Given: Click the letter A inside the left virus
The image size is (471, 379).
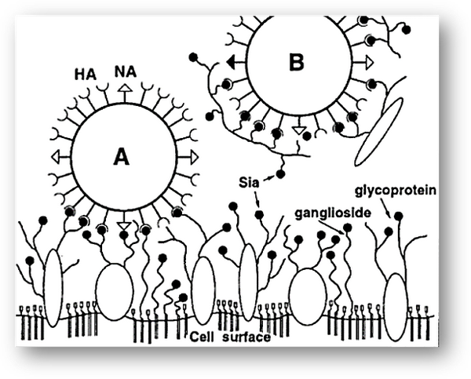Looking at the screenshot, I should coord(120,157).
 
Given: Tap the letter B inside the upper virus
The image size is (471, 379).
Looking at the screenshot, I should coord(295,62).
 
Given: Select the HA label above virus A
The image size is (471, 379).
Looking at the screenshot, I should coord(86,76).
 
